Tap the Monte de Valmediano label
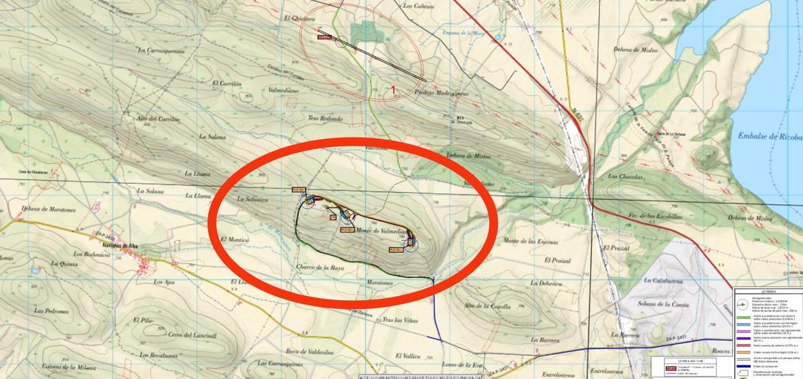point(381,231)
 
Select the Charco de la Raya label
point(319,267)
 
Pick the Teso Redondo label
point(325,119)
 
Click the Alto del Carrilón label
point(159,118)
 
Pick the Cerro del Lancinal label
point(194,335)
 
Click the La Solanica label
point(253,200)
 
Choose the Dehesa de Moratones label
point(50,209)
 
